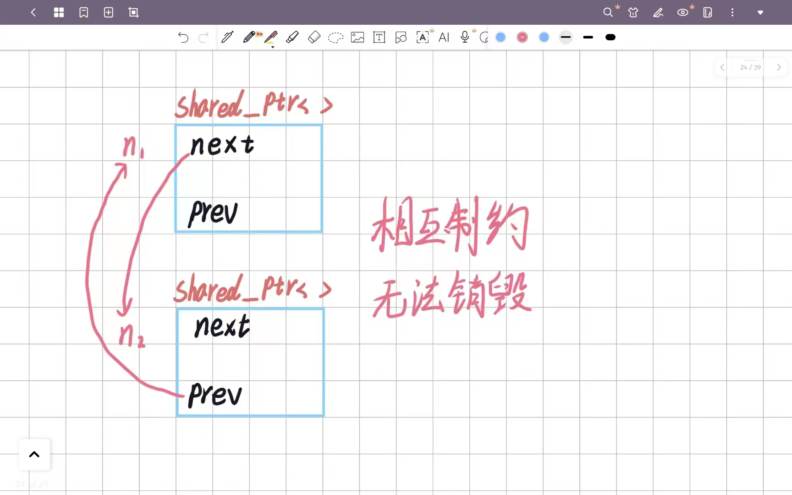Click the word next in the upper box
coord(222,145)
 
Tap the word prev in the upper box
coord(213,213)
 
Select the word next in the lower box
coord(222,326)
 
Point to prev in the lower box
coord(215,394)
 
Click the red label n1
coord(133,147)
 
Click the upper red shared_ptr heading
coord(253,104)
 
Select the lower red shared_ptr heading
coord(252,289)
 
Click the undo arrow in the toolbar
coord(183,37)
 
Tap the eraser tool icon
coord(314,37)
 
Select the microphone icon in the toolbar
coord(465,37)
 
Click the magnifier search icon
coord(608,12)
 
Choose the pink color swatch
coord(522,37)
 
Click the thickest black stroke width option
coord(610,37)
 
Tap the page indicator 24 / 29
coord(750,67)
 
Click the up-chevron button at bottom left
coord(34,455)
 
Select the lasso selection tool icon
coord(335,37)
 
